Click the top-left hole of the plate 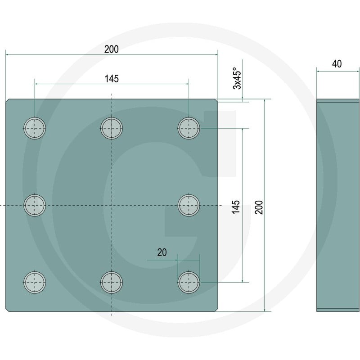[x=35, y=128]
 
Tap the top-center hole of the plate [x=112, y=128]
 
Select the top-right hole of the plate [x=189, y=128]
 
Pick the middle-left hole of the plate [x=35, y=205]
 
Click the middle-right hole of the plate [x=189, y=205]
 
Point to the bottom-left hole [x=35, y=283]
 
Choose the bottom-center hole [x=112, y=283]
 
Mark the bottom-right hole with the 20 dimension [x=189, y=283]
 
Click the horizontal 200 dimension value [x=112, y=49]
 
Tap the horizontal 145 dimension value [x=112, y=79]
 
